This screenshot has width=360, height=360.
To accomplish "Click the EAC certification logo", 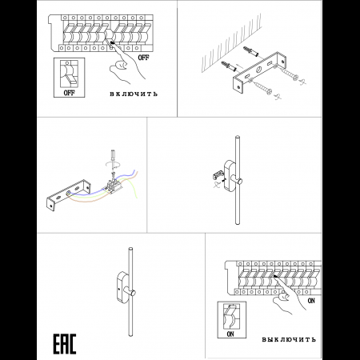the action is [65, 344].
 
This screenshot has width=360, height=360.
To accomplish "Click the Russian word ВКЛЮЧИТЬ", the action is [134, 94].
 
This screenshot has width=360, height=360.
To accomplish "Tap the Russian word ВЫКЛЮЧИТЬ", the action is [289, 339].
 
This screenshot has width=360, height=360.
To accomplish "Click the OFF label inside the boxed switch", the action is [69, 93].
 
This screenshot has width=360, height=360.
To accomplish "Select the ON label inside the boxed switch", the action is [230, 334].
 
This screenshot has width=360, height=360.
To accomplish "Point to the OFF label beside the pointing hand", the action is [143, 58].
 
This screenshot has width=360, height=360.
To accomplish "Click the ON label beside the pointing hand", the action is [311, 301].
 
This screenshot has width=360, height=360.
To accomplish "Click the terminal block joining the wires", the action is [114, 186].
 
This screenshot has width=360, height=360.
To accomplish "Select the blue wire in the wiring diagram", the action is [106, 187].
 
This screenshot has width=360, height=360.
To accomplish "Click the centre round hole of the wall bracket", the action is [259, 70].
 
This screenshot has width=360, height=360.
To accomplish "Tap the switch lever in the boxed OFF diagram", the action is [71, 79].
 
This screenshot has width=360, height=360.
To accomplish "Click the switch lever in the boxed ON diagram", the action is [229, 310].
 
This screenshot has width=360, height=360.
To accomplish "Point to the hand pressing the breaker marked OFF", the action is [125, 62].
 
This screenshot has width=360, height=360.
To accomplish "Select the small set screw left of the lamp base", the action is [222, 180].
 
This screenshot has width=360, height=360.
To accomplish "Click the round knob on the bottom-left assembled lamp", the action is [133, 293].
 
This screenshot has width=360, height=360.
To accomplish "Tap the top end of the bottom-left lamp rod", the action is [130, 249].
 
